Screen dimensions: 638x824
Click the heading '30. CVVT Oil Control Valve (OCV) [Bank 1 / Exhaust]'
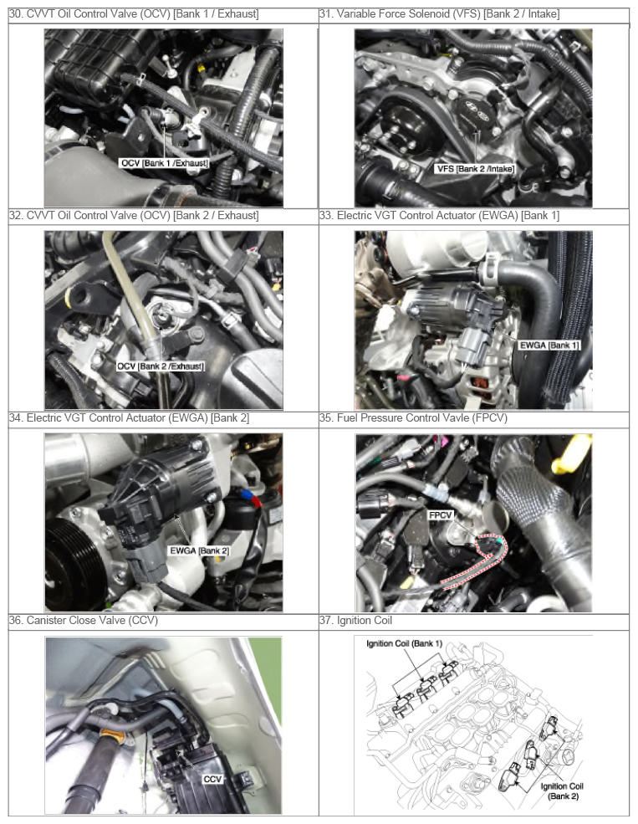(134, 14)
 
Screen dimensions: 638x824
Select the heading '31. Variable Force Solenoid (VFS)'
(401, 14)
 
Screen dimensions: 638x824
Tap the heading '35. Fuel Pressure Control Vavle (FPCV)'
(413, 418)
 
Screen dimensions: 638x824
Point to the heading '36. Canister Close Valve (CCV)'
(84, 621)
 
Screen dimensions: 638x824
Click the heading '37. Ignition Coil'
(355, 621)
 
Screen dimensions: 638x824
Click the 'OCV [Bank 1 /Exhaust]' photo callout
(165, 163)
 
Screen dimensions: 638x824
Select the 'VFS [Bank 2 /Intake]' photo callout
(475, 169)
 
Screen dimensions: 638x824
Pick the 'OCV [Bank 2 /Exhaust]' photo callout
(161, 366)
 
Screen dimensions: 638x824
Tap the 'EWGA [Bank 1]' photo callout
(549, 345)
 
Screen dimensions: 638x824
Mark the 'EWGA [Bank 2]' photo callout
(199, 550)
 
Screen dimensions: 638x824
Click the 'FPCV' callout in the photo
(440, 515)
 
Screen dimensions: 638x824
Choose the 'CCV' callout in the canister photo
(212, 780)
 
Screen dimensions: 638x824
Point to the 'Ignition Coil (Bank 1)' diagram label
(405, 644)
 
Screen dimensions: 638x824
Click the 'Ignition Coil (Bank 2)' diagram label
(562, 791)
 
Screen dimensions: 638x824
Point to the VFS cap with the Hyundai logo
(472, 116)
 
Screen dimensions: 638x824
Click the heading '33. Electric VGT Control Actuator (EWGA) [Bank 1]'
(439, 216)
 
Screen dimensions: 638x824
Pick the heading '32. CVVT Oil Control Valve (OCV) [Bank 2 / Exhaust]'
(134, 216)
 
